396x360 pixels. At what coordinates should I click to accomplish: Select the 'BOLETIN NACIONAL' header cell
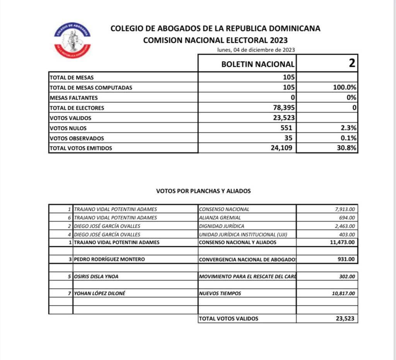point(258,64)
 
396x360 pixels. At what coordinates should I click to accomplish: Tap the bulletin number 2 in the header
point(352,63)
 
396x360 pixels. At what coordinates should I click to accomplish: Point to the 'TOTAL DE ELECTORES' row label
point(77,108)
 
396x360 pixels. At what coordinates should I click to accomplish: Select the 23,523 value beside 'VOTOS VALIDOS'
point(284,118)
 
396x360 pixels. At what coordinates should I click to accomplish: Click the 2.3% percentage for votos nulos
point(348,128)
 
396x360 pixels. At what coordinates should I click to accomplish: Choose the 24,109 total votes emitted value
point(284,148)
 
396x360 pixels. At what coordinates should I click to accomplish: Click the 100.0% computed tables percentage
point(345,87)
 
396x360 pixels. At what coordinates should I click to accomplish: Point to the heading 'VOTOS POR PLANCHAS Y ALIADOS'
point(203,191)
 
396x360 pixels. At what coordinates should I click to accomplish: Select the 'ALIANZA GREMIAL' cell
point(220,217)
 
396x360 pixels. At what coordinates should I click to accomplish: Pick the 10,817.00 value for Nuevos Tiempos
point(343,293)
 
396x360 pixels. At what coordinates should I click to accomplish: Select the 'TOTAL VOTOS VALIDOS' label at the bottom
point(228,319)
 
